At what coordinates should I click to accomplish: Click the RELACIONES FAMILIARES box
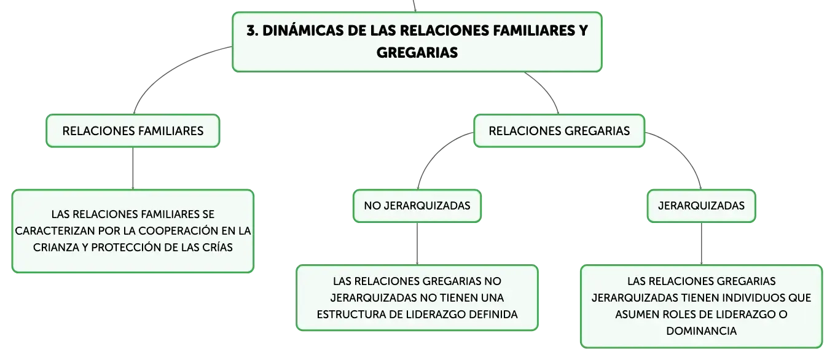tap(133, 131)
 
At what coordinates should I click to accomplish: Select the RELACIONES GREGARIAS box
tap(559, 131)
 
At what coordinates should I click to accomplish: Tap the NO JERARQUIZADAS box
tap(417, 206)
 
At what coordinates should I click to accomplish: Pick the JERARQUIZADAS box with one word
tap(701, 206)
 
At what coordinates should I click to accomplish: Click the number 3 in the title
tap(252, 31)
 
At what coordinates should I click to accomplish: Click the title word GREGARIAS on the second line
tap(417, 53)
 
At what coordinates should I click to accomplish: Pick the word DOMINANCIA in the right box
tap(701, 331)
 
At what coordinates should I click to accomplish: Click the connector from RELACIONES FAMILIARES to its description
tap(133, 168)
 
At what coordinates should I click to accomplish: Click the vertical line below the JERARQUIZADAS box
tap(701, 244)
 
